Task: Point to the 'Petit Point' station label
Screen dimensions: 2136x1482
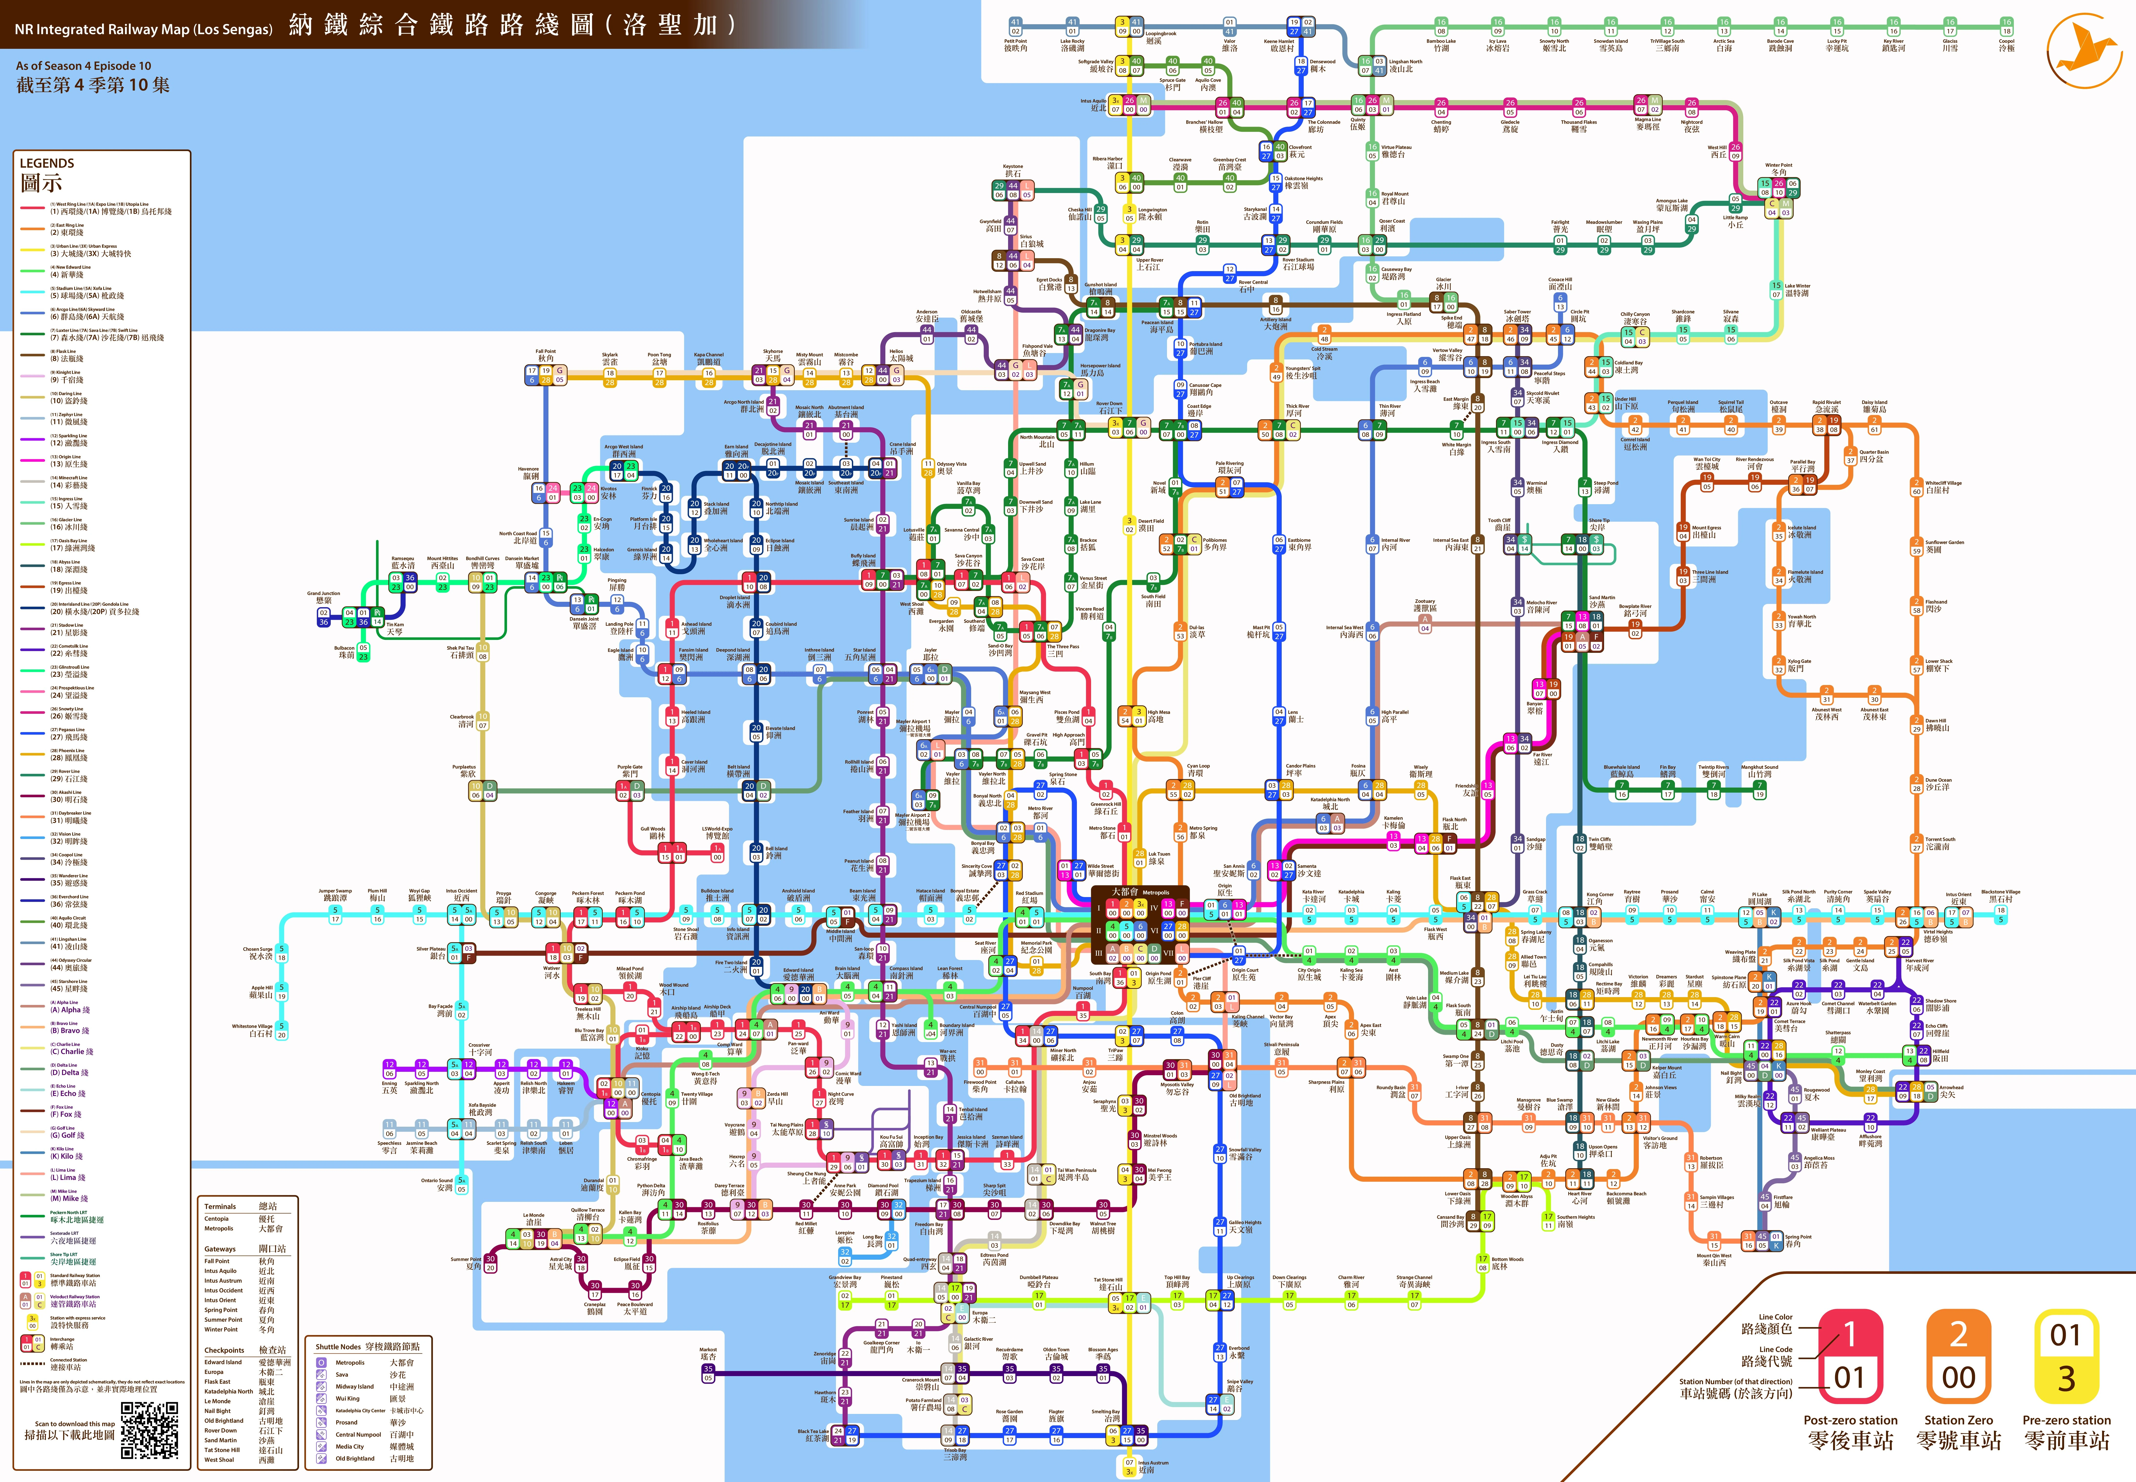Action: point(1015,42)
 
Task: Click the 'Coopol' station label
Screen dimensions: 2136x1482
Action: point(2006,42)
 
